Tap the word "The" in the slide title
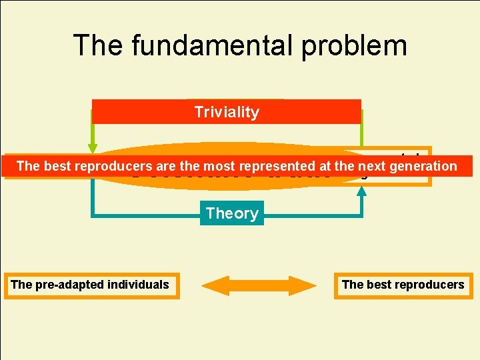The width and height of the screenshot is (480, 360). (x=97, y=45)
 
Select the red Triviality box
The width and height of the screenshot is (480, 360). (x=226, y=112)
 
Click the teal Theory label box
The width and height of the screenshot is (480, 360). (x=231, y=213)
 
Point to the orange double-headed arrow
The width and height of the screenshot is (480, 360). (x=259, y=285)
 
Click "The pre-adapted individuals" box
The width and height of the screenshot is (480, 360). (x=90, y=285)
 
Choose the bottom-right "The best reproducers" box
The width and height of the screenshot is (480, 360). (x=403, y=285)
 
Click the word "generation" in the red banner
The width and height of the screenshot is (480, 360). (x=425, y=166)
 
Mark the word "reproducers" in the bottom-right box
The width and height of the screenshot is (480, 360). (x=429, y=285)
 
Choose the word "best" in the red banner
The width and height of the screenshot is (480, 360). (x=55, y=166)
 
